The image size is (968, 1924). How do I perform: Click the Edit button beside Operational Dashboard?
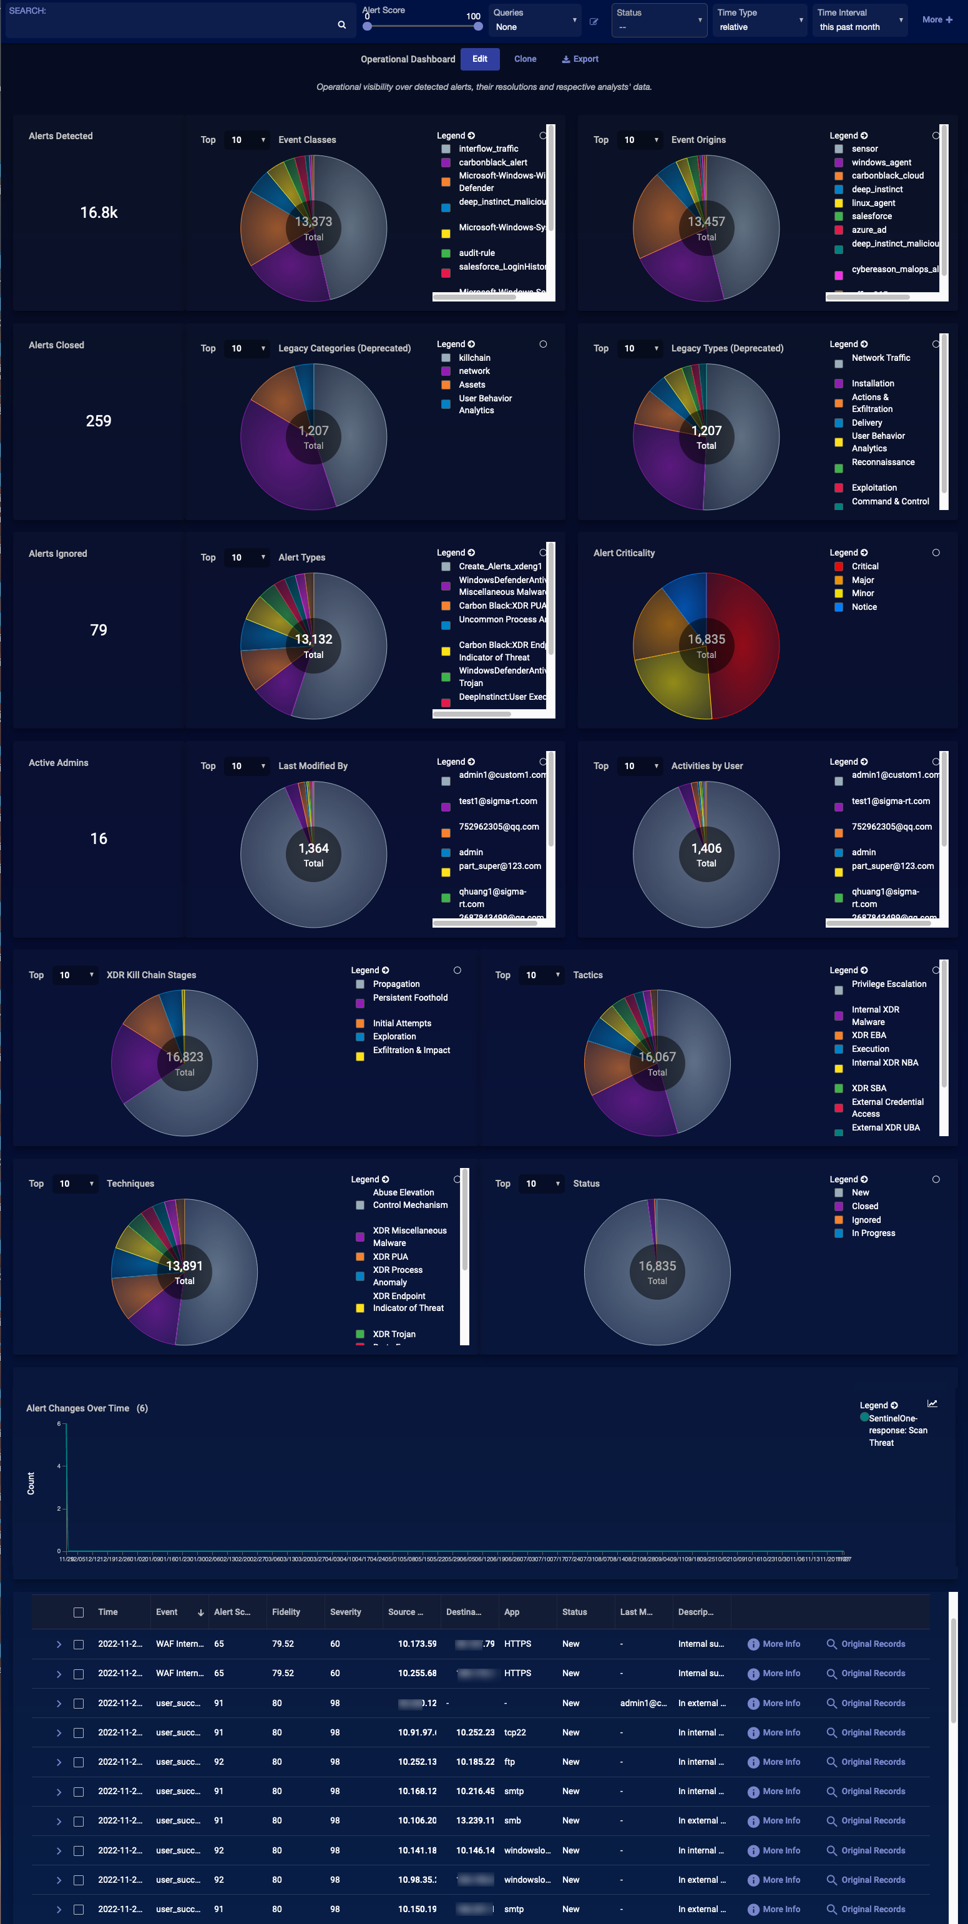479,59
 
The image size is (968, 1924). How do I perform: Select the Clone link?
524,59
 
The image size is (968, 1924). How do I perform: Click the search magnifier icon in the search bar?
341,24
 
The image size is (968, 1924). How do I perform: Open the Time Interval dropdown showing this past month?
859,20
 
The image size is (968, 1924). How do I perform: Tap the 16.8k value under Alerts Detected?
99,213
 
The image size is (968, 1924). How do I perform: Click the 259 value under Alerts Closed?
99,421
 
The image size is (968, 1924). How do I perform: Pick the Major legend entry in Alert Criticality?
862,581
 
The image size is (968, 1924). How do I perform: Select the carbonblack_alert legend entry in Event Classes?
492,163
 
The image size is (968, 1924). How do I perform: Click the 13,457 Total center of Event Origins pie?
706,228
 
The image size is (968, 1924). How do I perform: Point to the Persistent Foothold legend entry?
410,998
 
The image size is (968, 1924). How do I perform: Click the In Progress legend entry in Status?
873,1233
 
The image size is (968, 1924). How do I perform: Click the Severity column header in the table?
345,1612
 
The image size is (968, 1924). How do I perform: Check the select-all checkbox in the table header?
79,1612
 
